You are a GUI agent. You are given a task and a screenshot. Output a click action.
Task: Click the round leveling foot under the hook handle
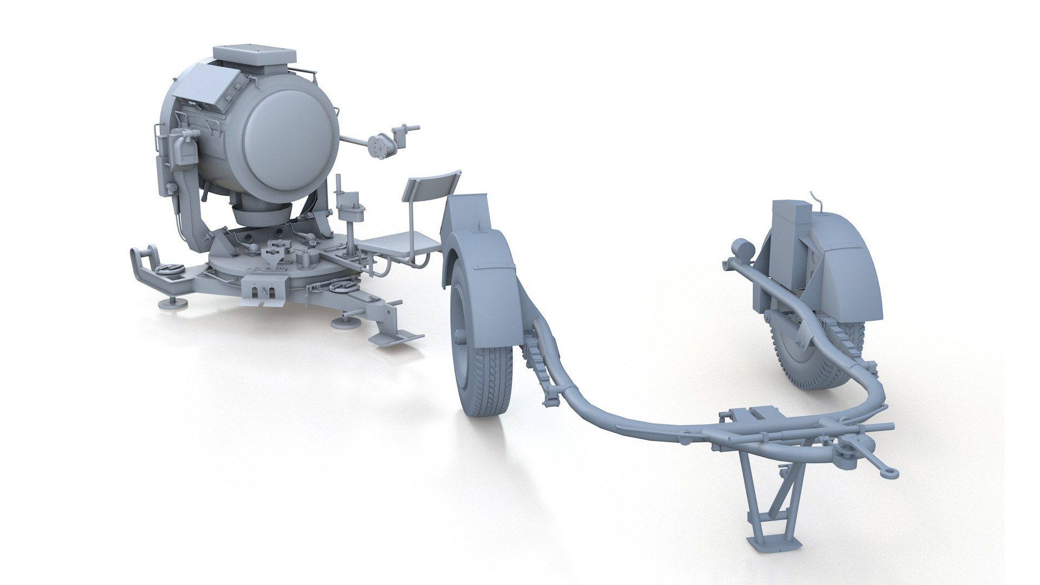[x=172, y=303]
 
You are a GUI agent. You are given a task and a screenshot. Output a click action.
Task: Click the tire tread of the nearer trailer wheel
[x=487, y=379]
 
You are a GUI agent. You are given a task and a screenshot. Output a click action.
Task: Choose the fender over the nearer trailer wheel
[x=477, y=238]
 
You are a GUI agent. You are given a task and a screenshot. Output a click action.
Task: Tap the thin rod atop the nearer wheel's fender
[x=476, y=219]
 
